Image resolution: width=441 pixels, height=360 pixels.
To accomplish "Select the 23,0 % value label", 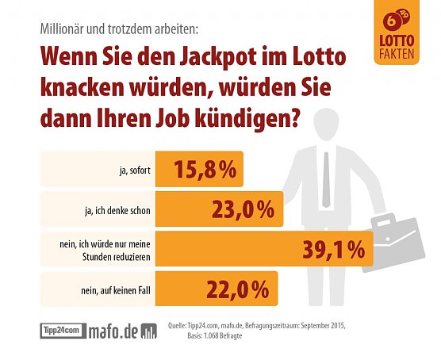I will coord(244,209).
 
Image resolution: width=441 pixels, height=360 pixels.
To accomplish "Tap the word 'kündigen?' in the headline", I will coord(250,122).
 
